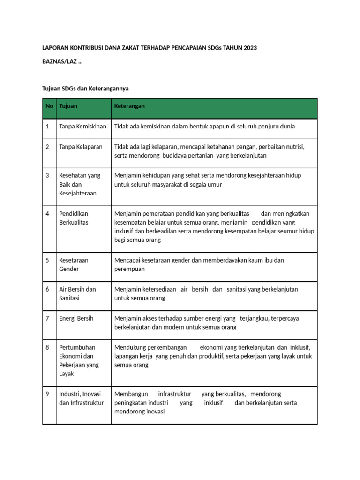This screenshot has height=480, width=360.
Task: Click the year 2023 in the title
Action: click(249, 48)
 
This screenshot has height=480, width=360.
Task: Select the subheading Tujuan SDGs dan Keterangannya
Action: click(85, 88)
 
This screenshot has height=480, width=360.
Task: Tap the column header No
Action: click(49, 106)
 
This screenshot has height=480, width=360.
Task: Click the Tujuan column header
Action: click(68, 106)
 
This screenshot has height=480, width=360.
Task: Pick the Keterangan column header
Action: click(130, 106)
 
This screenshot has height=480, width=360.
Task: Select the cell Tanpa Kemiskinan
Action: click(83, 127)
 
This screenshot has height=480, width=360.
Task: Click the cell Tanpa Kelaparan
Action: click(81, 147)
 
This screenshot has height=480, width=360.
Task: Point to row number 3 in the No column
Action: click(47, 175)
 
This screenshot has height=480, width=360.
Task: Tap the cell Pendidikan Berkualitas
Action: click(74, 218)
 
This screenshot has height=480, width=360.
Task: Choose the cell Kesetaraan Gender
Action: click(74, 264)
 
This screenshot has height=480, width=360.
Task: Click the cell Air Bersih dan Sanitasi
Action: click(77, 293)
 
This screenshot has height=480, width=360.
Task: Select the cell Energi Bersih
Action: click(76, 318)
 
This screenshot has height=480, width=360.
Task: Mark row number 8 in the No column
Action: click(47, 347)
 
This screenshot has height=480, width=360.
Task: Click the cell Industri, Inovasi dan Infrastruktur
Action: click(81, 398)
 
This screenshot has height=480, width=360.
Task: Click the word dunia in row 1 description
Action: click(287, 127)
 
